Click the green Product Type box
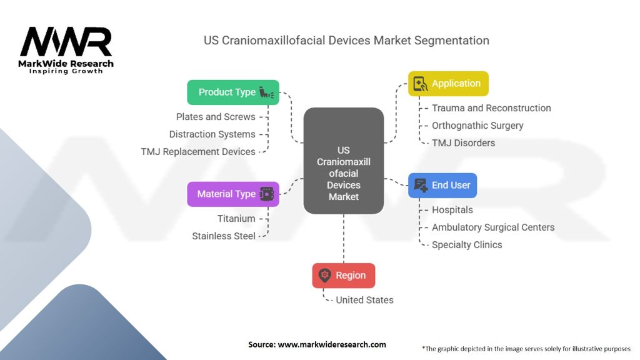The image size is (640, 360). coord(233,92)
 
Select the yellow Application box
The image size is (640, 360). coord(448,84)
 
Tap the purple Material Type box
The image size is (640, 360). coord(233,194)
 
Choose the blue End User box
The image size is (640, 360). coord(442,185)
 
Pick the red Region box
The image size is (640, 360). coord(344,276)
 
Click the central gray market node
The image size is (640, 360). coord(344,161)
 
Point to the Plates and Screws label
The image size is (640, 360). coord(216,117)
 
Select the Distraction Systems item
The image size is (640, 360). coord(212,134)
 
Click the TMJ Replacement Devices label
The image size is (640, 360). coord(198,152)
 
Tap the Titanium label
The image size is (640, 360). coord(236,219)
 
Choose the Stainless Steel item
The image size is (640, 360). coord(224,236)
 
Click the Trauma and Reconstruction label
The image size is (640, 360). coord(491,108)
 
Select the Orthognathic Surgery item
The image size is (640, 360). coord(477,126)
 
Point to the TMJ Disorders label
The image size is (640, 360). coord(463,143)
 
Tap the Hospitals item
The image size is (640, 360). coord(452,210)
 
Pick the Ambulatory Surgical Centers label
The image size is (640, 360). coord(493,227)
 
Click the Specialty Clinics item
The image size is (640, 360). coord(467,245)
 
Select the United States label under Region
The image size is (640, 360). coord(364,300)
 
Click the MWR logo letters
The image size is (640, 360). coord(66,42)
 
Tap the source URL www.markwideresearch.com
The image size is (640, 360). coord(332,344)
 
